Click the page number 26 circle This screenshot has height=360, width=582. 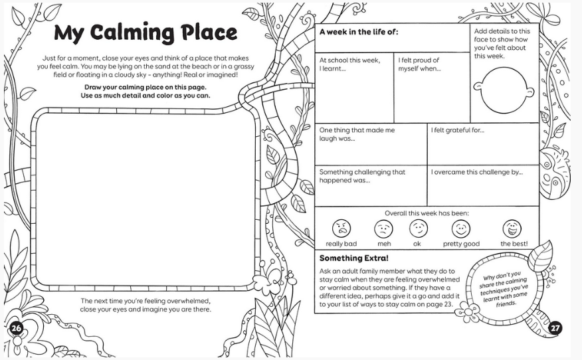16,327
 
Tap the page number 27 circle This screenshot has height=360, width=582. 555,327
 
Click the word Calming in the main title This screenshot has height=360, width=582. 132,33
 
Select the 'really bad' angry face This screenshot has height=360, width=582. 341,228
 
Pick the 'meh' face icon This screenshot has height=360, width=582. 383,228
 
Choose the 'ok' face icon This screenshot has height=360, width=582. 419,228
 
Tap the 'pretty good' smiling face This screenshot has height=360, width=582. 460,228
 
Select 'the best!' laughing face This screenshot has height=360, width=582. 512,228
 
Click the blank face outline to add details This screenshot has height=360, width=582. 504,90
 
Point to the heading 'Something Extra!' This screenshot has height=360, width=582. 353,258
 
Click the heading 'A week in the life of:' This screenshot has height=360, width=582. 359,32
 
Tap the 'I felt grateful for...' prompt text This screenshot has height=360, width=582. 457,130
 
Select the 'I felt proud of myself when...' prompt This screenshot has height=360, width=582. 419,64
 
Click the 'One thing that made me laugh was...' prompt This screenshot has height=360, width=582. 357,134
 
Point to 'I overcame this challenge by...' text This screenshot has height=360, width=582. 476,172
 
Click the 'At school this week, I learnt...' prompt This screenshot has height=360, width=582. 349,64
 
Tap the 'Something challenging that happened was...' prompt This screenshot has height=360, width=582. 362,176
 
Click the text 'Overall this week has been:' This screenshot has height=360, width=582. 427,213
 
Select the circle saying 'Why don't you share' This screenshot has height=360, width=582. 504,290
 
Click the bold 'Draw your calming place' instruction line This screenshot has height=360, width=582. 145,87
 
